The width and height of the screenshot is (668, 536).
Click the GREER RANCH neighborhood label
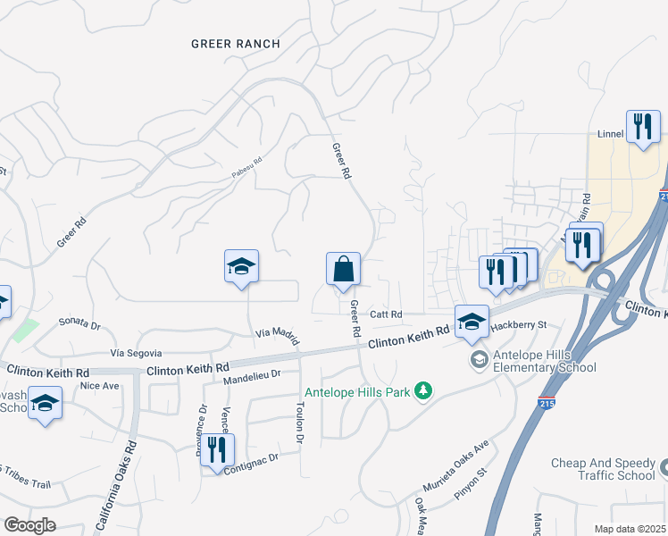(236, 44)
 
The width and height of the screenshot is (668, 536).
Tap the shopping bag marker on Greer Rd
(343, 270)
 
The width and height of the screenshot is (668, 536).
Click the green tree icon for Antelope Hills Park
(424, 390)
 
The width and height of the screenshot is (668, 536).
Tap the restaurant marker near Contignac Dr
(215, 450)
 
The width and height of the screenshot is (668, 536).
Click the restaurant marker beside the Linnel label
(642, 127)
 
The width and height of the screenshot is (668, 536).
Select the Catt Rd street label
(387, 314)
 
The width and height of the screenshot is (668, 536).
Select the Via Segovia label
(136, 354)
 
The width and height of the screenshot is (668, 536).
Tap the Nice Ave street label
(99, 386)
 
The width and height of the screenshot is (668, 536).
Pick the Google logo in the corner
(30, 525)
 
